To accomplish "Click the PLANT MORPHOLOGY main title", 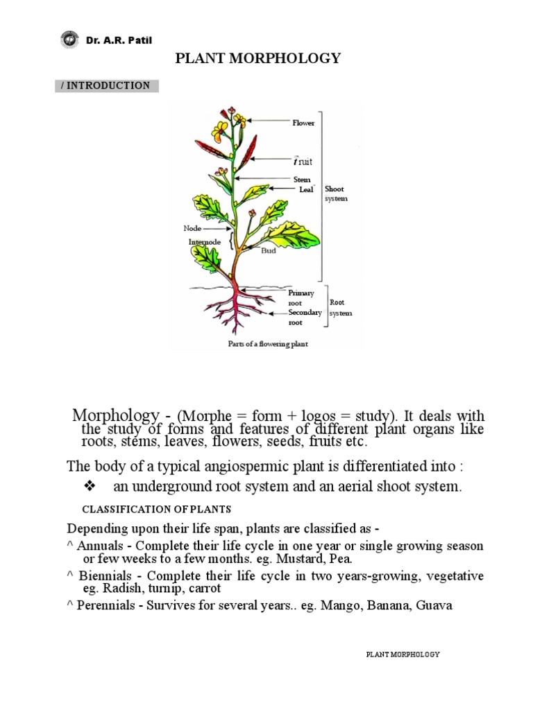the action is click(x=258, y=58).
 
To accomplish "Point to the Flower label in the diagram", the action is click(x=303, y=123).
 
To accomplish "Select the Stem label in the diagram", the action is click(x=301, y=180).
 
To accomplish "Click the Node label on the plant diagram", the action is click(x=192, y=228).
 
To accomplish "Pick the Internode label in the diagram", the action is click(x=204, y=242).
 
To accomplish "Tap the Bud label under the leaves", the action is click(x=269, y=251).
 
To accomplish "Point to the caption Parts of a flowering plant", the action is click(x=268, y=344).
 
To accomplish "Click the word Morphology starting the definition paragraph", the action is click(x=115, y=415).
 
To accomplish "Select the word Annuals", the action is click(x=99, y=546).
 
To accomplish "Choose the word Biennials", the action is click(x=104, y=576).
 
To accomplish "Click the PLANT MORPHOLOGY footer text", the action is click(x=403, y=654).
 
